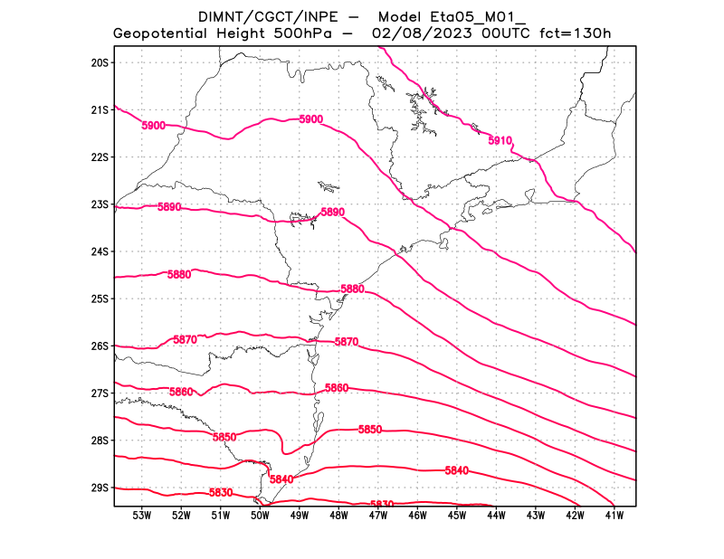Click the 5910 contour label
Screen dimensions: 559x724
point(500,141)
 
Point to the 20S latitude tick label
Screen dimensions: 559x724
point(100,62)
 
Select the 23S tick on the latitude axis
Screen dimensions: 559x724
point(100,204)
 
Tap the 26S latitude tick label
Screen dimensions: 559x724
point(100,346)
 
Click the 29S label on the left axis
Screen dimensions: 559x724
point(100,488)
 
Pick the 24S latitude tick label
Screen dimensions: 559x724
point(100,251)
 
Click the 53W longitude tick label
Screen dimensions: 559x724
point(142,516)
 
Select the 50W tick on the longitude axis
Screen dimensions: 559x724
point(261,516)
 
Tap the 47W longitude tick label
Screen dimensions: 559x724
point(378,516)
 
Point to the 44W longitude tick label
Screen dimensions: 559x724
point(496,516)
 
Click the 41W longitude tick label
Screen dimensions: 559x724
point(614,516)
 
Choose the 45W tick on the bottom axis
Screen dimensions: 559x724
point(457,516)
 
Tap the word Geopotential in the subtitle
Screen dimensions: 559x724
point(163,34)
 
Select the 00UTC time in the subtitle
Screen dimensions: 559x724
point(501,34)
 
